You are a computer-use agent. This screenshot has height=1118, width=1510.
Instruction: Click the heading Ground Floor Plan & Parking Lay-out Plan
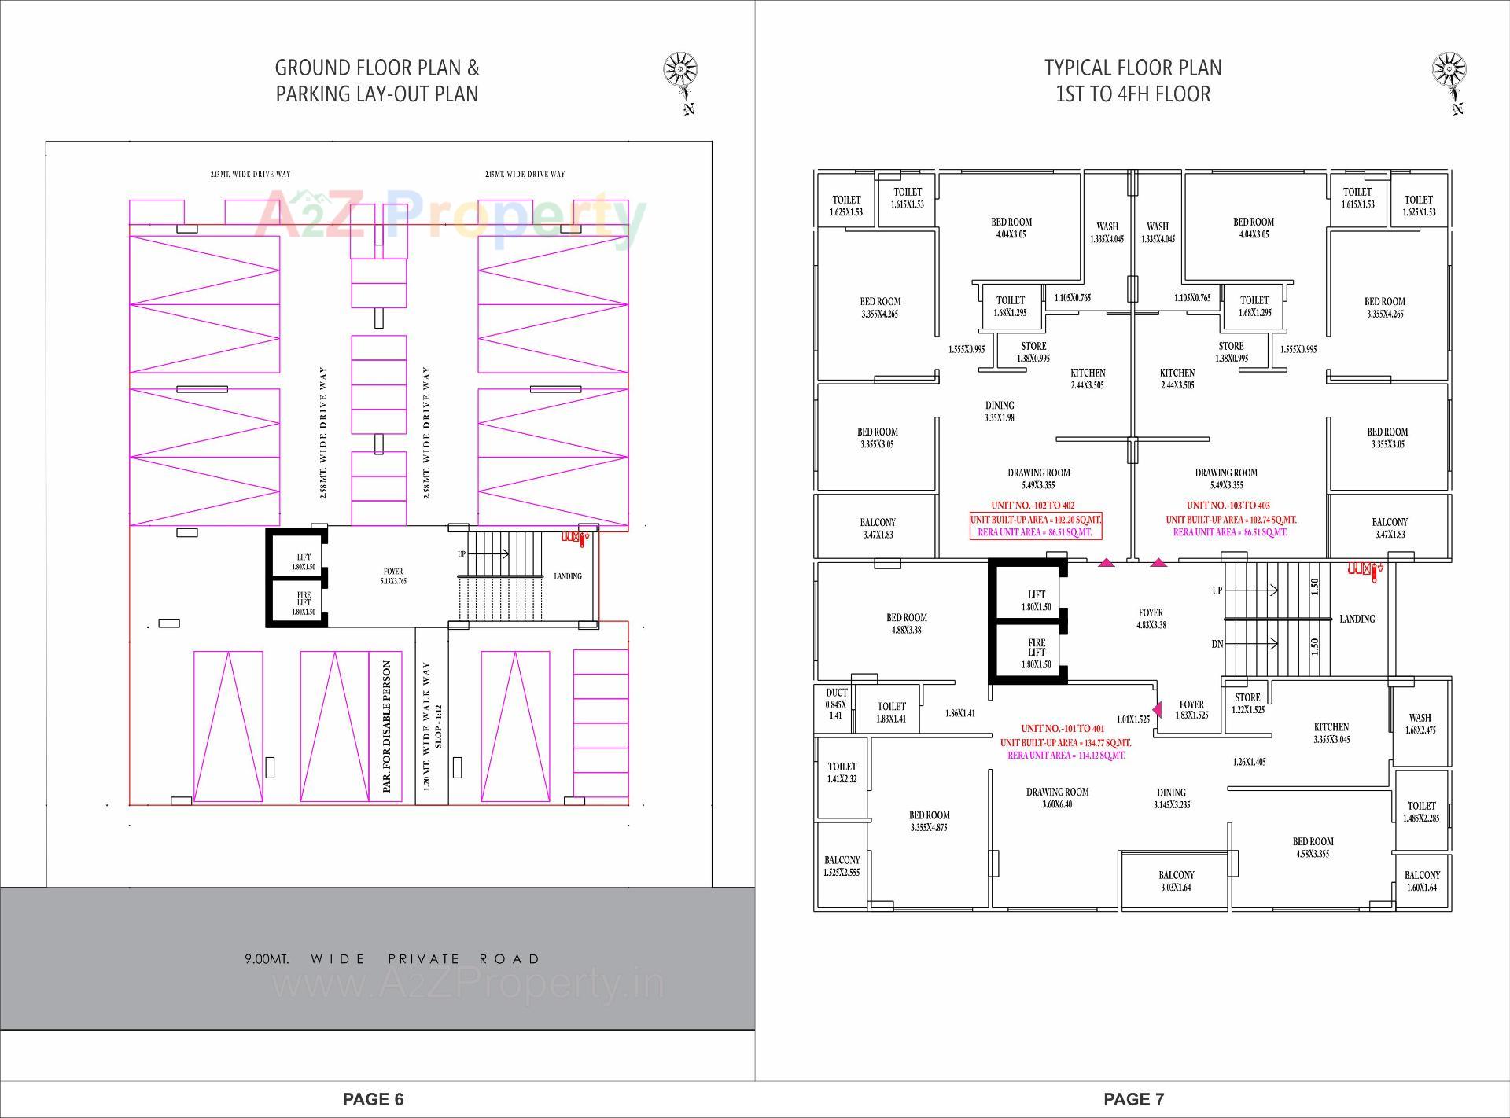coord(377,81)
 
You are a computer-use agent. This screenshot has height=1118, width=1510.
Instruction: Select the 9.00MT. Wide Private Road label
coord(392,959)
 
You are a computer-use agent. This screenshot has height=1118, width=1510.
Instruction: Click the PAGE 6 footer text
coord(373,1099)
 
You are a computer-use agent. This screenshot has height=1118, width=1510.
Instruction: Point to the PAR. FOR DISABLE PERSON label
coord(386,726)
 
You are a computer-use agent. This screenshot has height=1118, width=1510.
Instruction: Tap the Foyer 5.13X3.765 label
coord(393,576)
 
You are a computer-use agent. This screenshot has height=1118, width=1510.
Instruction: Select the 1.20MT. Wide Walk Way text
coord(427,726)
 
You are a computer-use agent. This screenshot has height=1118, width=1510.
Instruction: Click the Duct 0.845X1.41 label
coord(836,704)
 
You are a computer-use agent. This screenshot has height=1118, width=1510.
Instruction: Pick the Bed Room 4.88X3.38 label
coord(907,623)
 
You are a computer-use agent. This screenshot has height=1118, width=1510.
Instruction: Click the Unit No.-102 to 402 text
coord(1033,506)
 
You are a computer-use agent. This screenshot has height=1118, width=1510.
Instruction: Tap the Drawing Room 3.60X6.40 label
coord(1057,797)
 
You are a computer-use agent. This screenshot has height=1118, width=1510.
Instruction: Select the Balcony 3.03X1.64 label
coord(1176,881)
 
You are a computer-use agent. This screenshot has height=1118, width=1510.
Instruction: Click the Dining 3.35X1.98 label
coord(1000,411)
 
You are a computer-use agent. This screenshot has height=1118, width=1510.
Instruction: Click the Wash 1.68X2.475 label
coord(1420,723)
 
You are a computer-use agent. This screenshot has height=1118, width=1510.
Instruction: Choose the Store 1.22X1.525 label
coord(1247,703)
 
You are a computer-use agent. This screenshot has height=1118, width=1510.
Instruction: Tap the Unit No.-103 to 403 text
coord(1228,506)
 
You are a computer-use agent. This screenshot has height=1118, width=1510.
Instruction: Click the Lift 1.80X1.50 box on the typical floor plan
coord(1037,600)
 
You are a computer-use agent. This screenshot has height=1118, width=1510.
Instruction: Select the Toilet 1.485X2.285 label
coord(1421,811)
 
